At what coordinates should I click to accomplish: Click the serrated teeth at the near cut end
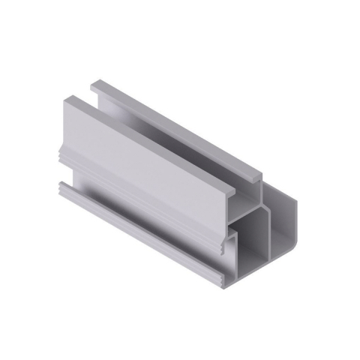click(225, 244)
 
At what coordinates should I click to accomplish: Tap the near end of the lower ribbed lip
click(225, 280)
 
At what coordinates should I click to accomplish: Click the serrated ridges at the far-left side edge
click(58, 154)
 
